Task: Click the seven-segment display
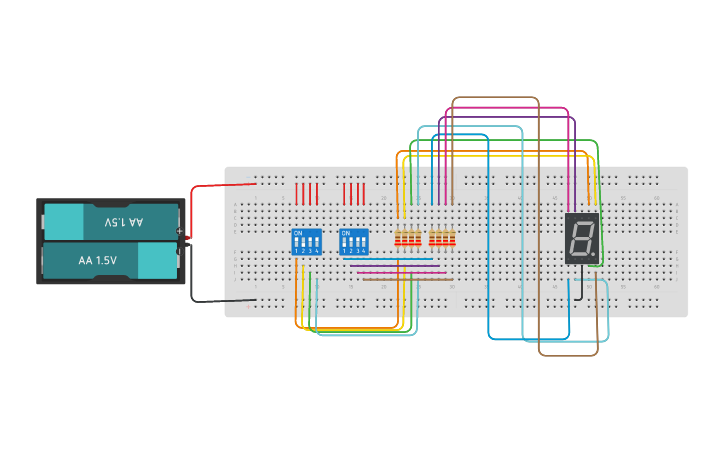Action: click(x=582, y=238)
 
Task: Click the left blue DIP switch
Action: click(x=306, y=242)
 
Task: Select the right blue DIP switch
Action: click(x=354, y=242)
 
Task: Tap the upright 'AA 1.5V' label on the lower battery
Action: click(x=98, y=260)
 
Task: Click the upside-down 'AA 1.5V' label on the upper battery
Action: click(x=124, y=221)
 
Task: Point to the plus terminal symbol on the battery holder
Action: click(x=180, y=231)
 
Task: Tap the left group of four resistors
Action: click(x=407, y=238)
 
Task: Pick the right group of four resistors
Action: click(x=441, y=238)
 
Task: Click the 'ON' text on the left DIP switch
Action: click(x=297, y=233)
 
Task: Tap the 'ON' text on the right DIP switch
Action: click(x=345, y=233)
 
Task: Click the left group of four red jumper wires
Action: click(x=306, y=193)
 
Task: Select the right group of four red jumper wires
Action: click(x=354, y=193)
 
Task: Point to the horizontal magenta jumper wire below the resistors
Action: click(x=399, y=272)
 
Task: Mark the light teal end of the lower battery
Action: click(x=158, y=261)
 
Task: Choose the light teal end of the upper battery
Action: click(x=65, y=221)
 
